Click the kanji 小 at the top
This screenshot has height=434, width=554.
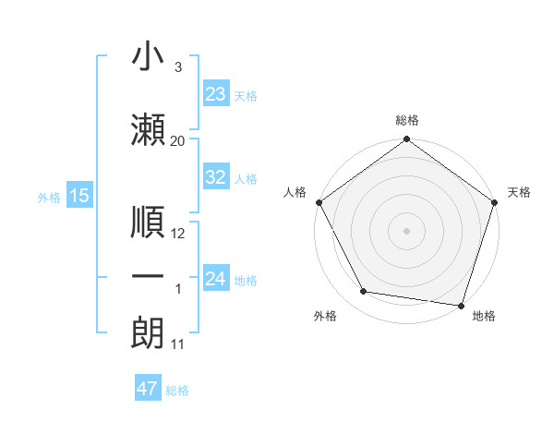pyautogui.click(x=148, y=56)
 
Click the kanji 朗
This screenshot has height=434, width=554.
pyautogui.click(x=148, y=332)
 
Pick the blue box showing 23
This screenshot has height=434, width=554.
pyautogui.click(x=215, y=94)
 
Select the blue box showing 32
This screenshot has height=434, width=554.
pyautogui.click(x=215, y=177)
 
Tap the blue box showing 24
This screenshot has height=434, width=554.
pyautogui.click(x=215, y=279)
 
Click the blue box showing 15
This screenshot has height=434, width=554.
pyautogui.click(x=78, y=196)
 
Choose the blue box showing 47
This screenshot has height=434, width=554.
pyautogui.click(x=148, y=389)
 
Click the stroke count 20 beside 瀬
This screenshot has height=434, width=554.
pyautogui.click(x=178, y=141)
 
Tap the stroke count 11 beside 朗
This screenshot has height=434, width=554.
pyautogui.click(x=178, y=345)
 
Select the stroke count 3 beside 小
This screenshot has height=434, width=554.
pyautogui.click(x=177, y=67)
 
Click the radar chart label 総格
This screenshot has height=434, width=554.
pyautogui.click(x=406, y=120)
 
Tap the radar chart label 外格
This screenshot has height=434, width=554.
pyautogui.click(x=325, y=317)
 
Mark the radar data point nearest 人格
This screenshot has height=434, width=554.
pyautogui.click(x=319, y=202)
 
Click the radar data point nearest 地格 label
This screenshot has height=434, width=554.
pyautogui.click(x=461, y=305)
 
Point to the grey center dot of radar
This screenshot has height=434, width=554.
pyautogui.click(x=406, y=230)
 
